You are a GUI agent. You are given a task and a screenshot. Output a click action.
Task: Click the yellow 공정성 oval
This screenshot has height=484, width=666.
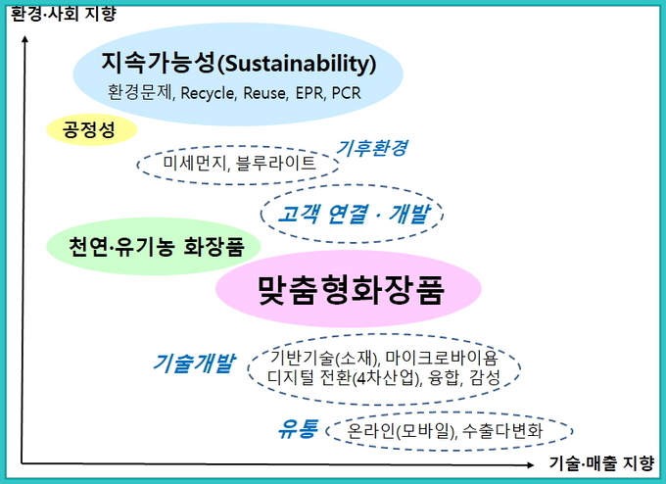click(x=92, y=129)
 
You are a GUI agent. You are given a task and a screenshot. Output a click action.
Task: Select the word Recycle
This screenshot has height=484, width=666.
click(x=208, y=93)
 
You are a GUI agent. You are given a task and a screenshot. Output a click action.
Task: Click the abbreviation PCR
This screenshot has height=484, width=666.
click(x=346, y=93)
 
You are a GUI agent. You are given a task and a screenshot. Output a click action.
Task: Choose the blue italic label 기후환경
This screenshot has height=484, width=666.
click(x=371, y=147)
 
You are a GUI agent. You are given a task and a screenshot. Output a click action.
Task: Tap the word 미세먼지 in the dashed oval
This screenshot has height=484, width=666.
click(x=194, y=163)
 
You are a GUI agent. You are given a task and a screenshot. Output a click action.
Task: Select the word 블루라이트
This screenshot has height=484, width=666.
click(x=275, y=163)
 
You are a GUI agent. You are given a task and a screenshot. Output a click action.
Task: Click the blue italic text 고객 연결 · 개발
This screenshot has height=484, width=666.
click(x=354, y=214)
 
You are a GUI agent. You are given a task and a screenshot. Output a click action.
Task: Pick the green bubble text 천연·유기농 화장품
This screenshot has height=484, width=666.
click(x=157, y=247)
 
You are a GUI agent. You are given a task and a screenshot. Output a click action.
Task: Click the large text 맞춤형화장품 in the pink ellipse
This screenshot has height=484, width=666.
click(x=351, y=289)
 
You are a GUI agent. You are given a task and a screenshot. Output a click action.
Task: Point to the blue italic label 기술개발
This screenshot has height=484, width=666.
click(x=194, y=363)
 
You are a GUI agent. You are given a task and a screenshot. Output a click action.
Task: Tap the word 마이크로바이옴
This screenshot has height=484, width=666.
click(x=442, y=358)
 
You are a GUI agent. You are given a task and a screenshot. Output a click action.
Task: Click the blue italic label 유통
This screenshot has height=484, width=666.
click(x=298, y=429)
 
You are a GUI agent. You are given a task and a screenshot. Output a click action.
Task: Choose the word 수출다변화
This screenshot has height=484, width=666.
click(x=502, y=430)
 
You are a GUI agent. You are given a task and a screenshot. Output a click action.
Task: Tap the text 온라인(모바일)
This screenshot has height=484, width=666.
click(x=402, y=431)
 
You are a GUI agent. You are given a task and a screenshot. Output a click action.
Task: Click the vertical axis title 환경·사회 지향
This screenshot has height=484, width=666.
click(x=64, y=14)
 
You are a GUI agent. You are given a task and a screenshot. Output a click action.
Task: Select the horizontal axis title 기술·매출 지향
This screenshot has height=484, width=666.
click(x=601, y=462)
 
